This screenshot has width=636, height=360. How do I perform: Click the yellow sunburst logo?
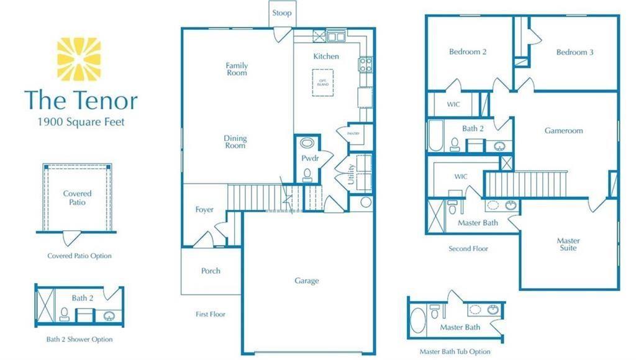[x=78, y=59]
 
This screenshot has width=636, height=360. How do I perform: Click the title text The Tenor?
[x=81, y=100]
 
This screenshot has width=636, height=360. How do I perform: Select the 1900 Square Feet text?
[x=81, y=122]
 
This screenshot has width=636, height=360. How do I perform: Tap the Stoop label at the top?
[x=281, y=13]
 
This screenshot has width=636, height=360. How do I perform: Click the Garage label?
[x=307, y=281]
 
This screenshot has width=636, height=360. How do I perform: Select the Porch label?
[x=211, y=271]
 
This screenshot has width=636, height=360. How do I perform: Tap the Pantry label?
[x=344, y=133]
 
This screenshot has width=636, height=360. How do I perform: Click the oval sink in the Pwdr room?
[x=307, y=143]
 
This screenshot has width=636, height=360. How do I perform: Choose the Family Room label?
[x=237, y=69]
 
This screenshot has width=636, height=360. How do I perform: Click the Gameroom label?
[x=563, y=131]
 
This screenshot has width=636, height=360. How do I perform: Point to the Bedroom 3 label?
[x=575, y=52]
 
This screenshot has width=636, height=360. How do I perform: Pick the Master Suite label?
[x=568, y=244]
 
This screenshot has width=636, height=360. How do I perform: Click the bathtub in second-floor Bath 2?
[x=434, y=137]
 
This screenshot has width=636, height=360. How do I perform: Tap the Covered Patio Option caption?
[x=79, y=256]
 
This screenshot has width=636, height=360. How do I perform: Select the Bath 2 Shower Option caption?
[x=79, y=340]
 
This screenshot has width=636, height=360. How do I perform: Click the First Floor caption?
[x=211, y=314]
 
